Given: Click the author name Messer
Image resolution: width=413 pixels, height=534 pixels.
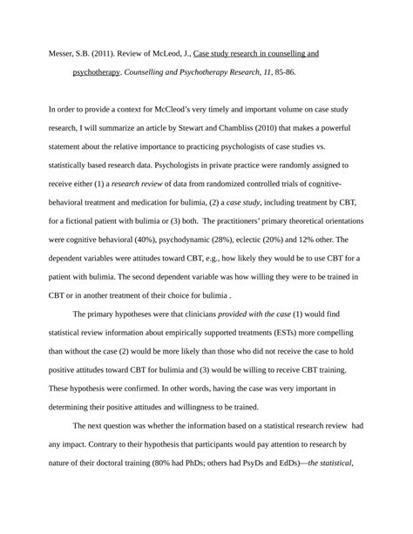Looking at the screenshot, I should [x=64, y=54].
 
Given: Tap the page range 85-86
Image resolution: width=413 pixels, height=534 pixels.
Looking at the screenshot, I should [x=281, y=72].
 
